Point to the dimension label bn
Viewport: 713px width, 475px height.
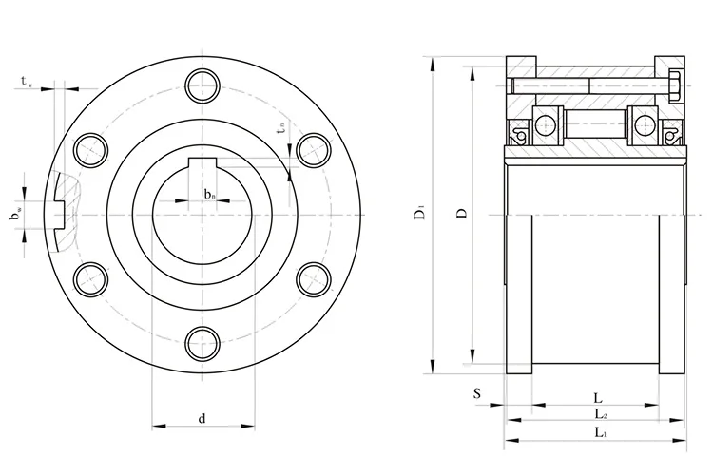pyautogui.click(x=209, y=195)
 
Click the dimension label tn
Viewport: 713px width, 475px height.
pyautogui.click(x=281, y=124)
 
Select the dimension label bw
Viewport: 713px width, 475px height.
pyautogui.click(x=16, y=217)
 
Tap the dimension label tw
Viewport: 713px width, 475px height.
pyautogui.click(x=27, y=83)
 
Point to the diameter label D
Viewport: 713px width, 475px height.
pyautogui.click(x=460, y=215)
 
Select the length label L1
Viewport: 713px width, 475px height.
pyautogui.click(x=601, y=433)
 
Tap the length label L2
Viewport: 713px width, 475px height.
pyautogui.click(x=601, y=414)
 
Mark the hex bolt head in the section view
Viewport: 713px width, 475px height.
pyautogui.click(x=673, y=87)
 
